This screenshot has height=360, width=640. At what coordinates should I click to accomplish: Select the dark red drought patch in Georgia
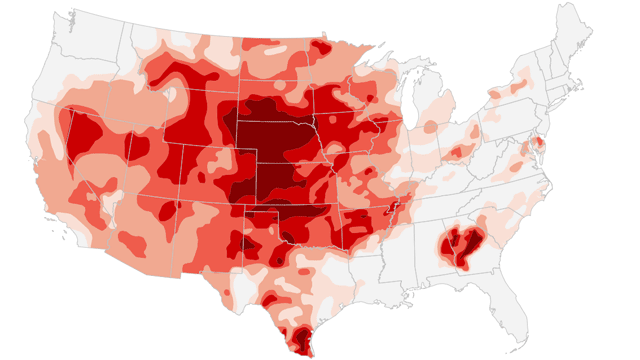pos(459,245)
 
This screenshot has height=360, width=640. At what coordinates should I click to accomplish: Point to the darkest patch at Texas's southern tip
pos(299,340)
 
